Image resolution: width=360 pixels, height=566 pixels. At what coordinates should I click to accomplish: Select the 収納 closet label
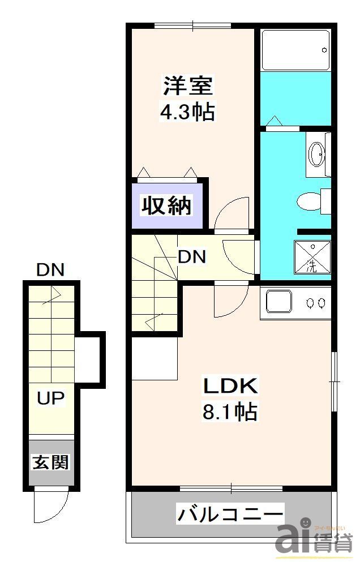coord(166,205)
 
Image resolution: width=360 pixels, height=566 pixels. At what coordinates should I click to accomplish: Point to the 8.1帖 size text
coord(230,411)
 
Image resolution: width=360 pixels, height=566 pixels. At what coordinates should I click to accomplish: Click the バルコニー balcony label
coord(230,514)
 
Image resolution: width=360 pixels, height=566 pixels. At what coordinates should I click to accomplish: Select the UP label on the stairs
coord(50,398)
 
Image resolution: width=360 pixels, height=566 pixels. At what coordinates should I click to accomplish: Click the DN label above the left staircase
coord(50,270)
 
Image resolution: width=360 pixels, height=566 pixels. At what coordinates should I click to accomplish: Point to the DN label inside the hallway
coord(192,257)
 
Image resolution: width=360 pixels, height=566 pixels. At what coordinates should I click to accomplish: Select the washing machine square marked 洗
coord(312,258)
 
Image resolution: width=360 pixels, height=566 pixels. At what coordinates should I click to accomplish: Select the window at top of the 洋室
coord(193,25)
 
